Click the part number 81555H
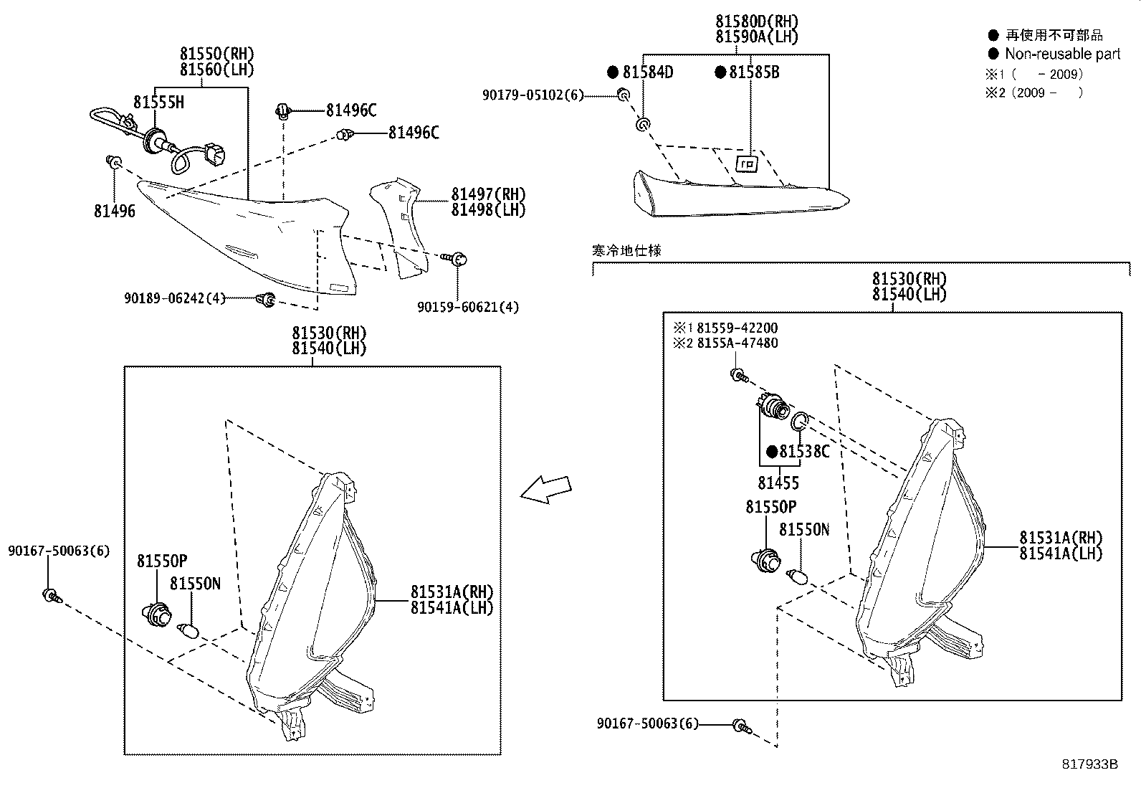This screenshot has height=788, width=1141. click(158, 103)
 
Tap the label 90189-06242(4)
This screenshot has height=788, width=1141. click(174, 298)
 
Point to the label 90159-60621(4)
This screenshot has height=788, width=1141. click(468, 307)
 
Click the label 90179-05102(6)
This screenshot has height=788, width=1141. click(533, 95)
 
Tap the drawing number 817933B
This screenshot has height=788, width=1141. click(1090, 764)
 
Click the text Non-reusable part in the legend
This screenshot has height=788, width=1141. click(1062, 54)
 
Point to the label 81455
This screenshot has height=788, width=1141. click(778, 483)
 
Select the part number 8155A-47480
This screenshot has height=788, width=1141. click(737, 343)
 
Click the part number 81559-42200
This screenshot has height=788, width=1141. click(737, 328)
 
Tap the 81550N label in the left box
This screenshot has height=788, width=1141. click(195, 584)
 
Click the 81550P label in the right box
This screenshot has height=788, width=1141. click(770, 507)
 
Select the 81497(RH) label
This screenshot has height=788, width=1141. click(488, 194)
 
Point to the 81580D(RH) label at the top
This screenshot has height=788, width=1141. click(756, 22)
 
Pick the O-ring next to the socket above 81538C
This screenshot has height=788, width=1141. click(801, 422)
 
